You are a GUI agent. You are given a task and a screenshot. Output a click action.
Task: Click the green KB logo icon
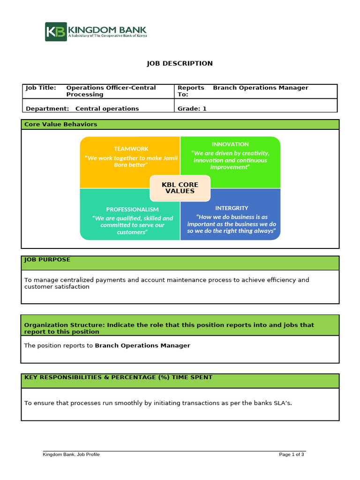(x=56, y=32)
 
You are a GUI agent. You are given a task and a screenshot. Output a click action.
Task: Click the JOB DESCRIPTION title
(x=180, y=63)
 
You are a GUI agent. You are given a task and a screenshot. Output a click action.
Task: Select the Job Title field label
(x=41, y=88)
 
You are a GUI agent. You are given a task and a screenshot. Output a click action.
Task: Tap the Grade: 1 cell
(x=192, y=109)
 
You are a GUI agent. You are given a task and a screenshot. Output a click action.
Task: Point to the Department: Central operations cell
(x=82, y=109)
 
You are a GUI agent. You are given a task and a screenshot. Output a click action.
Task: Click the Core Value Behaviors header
(x=61, y=124)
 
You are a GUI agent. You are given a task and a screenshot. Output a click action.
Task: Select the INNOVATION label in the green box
(x=230, y=144)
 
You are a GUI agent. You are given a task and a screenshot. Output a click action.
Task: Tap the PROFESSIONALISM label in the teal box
(x=132, y=209)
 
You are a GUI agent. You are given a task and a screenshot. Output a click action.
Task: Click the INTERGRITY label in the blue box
(x=232, y=208)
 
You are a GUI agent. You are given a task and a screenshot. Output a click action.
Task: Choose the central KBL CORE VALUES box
(x=180, y=187)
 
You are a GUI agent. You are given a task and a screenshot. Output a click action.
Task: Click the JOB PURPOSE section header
(x=47, y=259)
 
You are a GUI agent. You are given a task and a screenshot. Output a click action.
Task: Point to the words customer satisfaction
(x=57, y=287)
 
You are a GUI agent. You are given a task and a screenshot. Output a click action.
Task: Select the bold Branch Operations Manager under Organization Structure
(x=142, y=345)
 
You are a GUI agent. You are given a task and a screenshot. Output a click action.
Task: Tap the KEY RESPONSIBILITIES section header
(x=118, y=377)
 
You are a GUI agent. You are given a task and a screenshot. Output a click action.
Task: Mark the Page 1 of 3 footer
(x=292, y=454)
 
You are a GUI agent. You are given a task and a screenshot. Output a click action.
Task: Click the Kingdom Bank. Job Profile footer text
(x=71, y=454)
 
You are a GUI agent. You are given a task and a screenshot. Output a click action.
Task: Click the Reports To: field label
(x=191, y=91)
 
